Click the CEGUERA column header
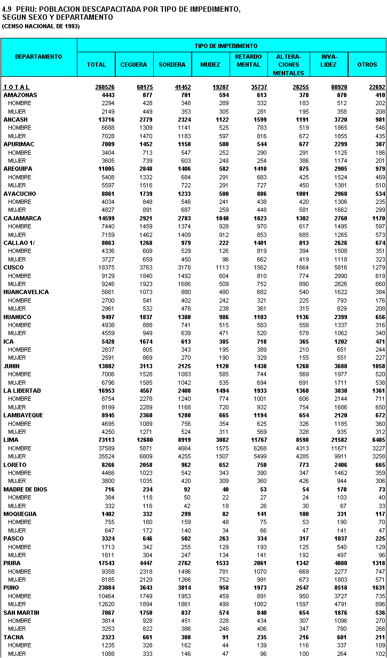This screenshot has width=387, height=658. point(133,65)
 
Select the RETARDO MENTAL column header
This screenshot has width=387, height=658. point(249,60)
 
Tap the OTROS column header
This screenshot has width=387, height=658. point(367,65)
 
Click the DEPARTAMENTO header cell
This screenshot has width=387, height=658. point(38,57)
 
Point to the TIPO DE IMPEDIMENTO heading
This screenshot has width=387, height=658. point(233,46)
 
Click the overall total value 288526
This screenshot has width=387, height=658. point(97,87)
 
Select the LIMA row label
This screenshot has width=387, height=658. point(11,440)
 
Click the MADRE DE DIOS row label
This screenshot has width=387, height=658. point(22,489)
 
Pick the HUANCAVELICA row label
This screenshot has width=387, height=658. point(26,292)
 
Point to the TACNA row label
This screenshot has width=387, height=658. point(13,637)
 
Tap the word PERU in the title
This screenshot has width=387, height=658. point(25,10)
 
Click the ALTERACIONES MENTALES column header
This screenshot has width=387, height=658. point(289,65)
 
